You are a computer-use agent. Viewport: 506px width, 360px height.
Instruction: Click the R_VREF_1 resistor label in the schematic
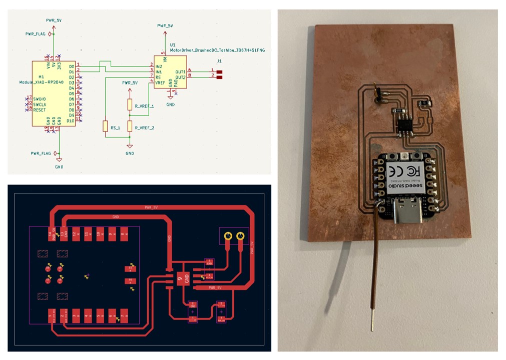tap(144, 106)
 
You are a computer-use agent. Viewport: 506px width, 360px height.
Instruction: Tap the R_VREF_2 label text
tap(144, 128)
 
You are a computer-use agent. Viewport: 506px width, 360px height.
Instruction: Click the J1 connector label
tap(219, 60)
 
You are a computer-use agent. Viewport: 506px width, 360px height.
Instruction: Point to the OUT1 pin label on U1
tap(180, 71)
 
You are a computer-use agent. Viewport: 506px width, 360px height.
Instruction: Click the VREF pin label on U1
tap(161, 82)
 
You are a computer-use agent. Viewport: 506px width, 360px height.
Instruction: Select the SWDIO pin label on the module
tap(40, 99)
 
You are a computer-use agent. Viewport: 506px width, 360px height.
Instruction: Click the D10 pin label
tap(71, 120)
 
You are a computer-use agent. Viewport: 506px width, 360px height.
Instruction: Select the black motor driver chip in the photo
tap(404, 122)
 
